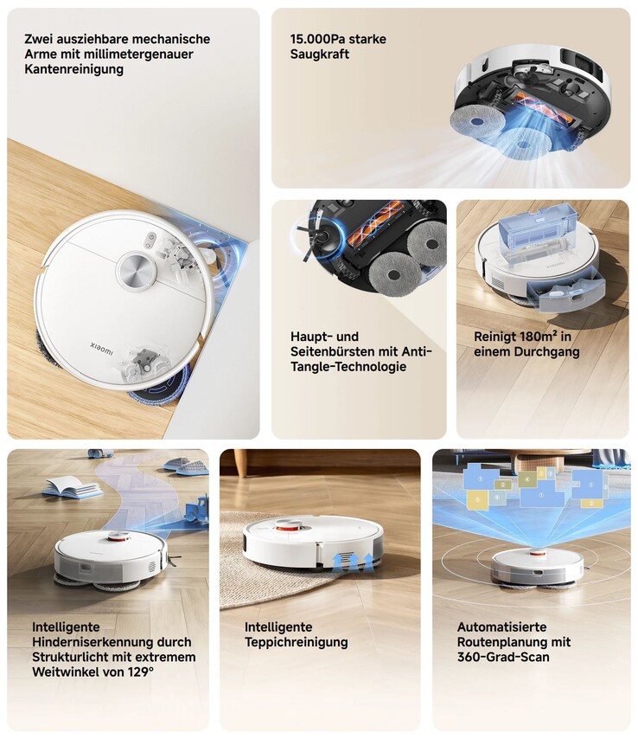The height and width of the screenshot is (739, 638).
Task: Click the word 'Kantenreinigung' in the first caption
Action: point(74,69)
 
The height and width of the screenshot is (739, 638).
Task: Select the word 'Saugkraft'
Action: point(320,55)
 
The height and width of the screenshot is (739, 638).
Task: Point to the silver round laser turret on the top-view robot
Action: point(137,271)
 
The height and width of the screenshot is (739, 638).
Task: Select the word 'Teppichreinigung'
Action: point(297,642)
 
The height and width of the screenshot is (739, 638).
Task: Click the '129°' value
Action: point(141,672)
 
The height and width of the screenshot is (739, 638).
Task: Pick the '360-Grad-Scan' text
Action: point(503,657)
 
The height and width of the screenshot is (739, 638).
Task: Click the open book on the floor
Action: point(72,487)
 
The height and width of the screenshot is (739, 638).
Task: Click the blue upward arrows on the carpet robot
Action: point(353,562)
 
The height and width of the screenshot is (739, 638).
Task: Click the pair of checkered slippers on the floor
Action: point(186,466)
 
